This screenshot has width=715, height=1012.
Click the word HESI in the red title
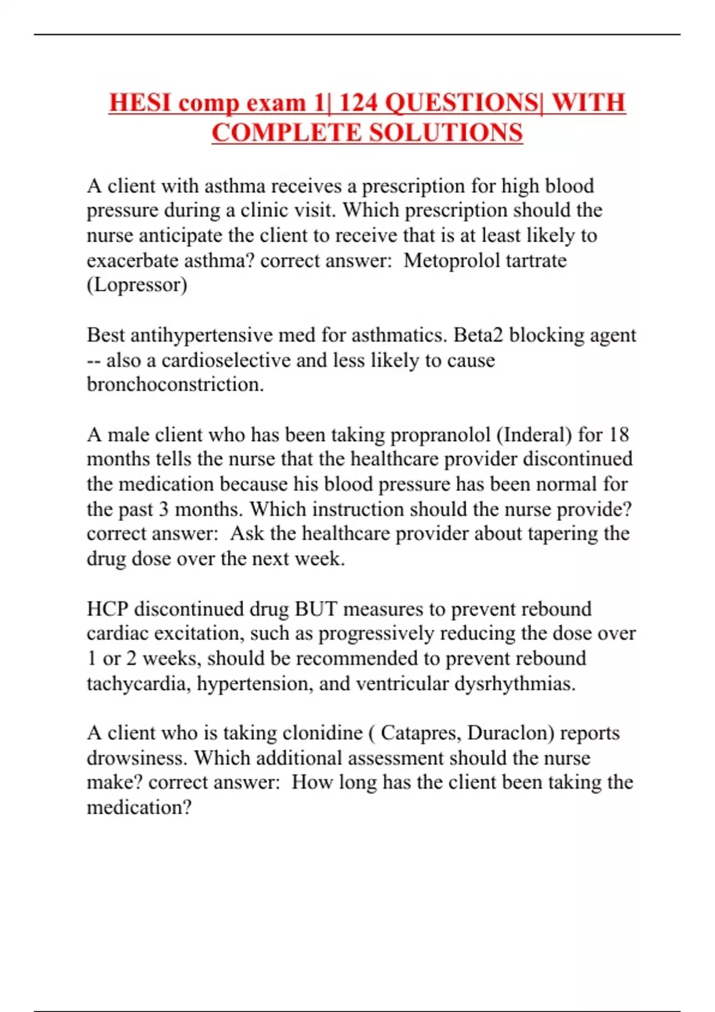click(x=141, y=102)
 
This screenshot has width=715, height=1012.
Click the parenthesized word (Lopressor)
click(x=137, y=285)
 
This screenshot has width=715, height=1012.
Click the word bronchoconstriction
click(x=175, y=385)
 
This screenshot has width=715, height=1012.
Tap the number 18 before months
click(x=618, y=435)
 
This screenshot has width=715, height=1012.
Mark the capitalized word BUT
click(x=316, y=608)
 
